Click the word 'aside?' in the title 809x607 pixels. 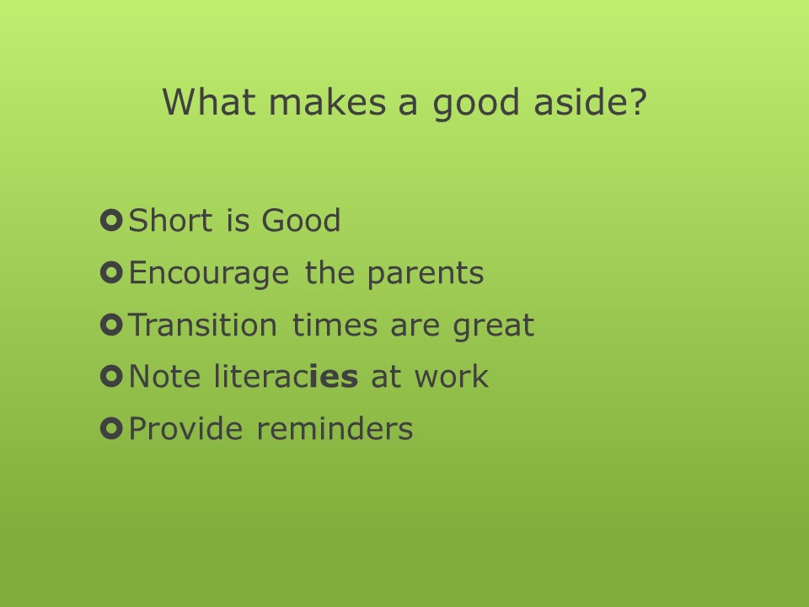[590, 101]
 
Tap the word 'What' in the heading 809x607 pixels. [209, 101]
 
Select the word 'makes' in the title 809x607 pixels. [328, 101]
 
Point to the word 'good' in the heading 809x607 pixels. [475, 105]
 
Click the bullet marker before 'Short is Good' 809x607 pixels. [111, 220]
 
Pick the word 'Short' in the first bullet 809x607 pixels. [170, 220]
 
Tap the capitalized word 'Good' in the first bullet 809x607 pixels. [301, 220]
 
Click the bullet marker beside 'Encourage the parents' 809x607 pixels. [111, 272]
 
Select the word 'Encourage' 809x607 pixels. [209, 274]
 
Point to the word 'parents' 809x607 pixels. [426, 274]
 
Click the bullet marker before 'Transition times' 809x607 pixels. [111, 325]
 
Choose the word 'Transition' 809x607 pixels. [202, 325]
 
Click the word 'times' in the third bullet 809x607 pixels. [335, 325]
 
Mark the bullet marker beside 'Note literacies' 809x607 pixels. [111, 376]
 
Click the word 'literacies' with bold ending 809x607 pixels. [286, 376]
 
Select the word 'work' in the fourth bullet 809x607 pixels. [452, 376]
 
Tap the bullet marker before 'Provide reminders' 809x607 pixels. [111, 428]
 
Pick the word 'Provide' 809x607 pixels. [185, 428]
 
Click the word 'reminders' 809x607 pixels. [335, 428]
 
